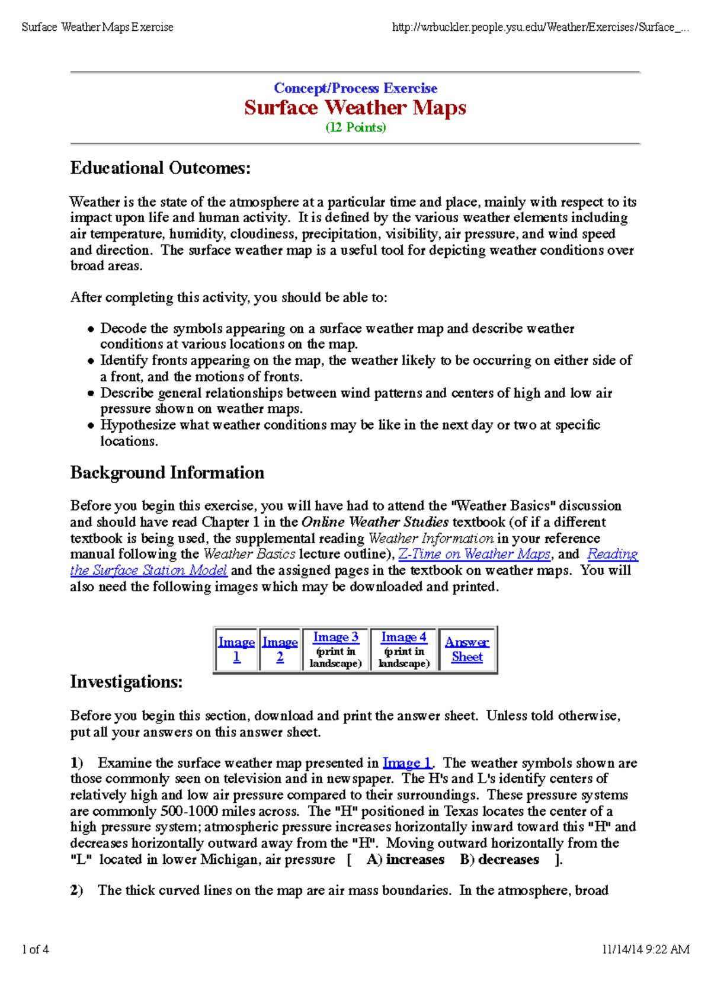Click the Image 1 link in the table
(236, 649)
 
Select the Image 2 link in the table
(280, 649)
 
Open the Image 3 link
(335, 637)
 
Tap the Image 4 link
(403, 637)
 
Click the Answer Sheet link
(467, 649)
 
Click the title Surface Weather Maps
(355, 108)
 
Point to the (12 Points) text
(355, 127)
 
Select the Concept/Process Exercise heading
(355, 88)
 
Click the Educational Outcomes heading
(161, 168)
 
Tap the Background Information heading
(167, 473)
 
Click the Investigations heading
(126, 682)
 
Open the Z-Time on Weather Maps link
(475, 554)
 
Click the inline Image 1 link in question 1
(408, 762)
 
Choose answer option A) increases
(405, 860)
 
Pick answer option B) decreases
(499, 860)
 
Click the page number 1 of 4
(36, 949)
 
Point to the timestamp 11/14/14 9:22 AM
(645, 949)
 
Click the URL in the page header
(540, 27)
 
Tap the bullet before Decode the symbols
(91, 329)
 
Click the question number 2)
(76, 890)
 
